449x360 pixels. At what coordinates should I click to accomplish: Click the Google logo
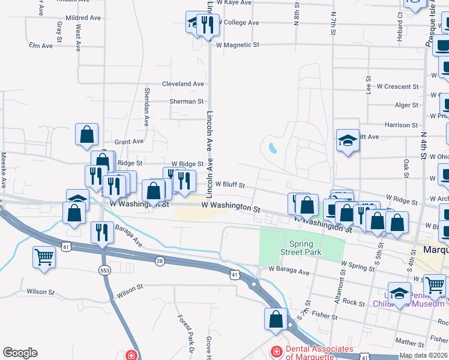tap(20, 353)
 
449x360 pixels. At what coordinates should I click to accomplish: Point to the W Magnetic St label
tap(237, 44)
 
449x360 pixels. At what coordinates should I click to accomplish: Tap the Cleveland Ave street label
tap(183, 84)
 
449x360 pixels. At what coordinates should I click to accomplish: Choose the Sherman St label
tap(186, 102)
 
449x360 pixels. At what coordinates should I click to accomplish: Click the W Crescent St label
tap(397, 86)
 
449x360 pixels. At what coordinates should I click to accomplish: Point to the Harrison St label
tap(401, 125)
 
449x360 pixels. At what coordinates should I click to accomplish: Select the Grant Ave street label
tap(129, 142)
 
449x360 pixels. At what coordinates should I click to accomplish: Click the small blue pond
tap(273, 148)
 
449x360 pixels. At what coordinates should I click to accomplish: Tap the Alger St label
tap(406, 105)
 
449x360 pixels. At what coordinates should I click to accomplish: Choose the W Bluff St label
tap(229, 185)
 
